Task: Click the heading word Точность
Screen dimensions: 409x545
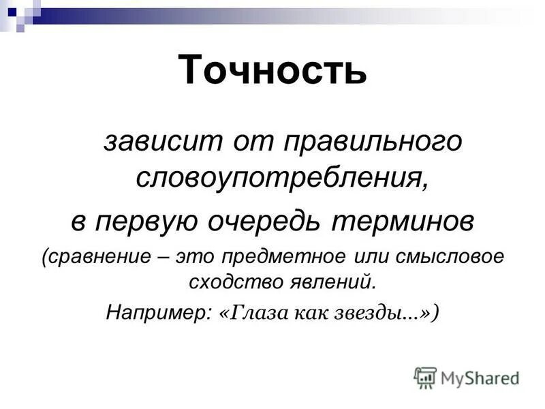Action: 272,70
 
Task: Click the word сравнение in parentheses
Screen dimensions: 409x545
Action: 95,258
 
